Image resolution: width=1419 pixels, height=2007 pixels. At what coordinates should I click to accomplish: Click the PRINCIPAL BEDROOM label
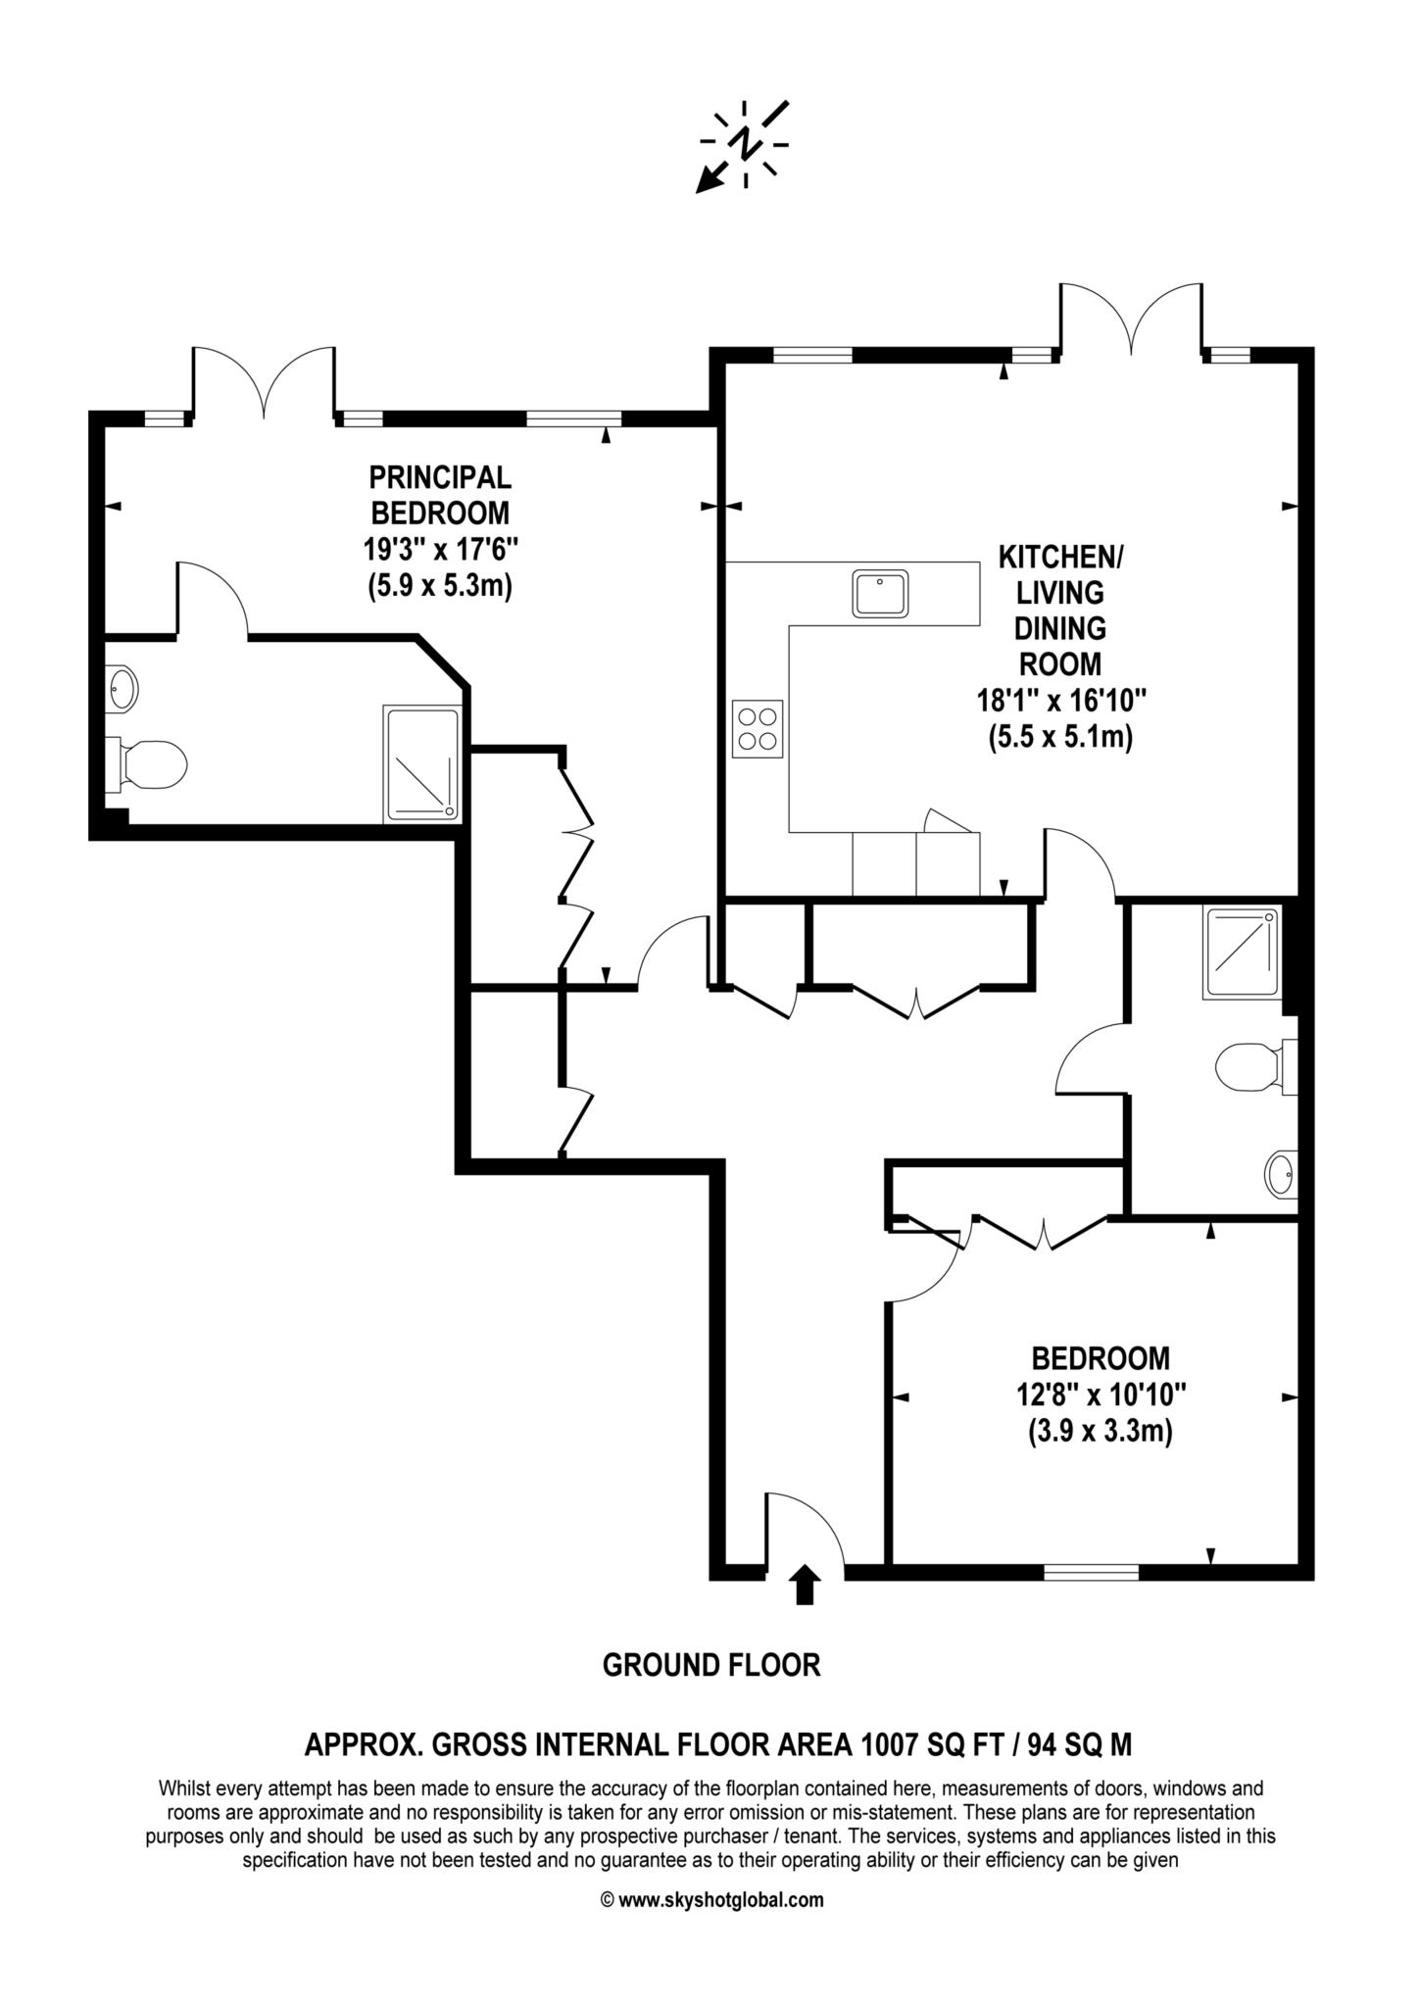[x=439, y=495]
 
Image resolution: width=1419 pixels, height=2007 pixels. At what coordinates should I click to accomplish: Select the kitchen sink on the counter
[x=880, y=593]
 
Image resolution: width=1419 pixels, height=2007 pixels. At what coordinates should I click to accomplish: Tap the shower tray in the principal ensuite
[x=422, y=763]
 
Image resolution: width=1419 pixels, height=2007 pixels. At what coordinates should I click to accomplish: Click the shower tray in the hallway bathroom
[x=1243, y=954]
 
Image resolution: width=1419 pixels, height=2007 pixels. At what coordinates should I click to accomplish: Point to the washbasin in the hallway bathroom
[x=1282, y=1174]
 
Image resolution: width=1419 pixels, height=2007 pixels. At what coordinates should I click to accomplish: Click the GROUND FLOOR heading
[x=710, y=1665]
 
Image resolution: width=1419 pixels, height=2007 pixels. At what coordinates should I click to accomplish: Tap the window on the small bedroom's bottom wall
[x=1091, y=1573]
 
